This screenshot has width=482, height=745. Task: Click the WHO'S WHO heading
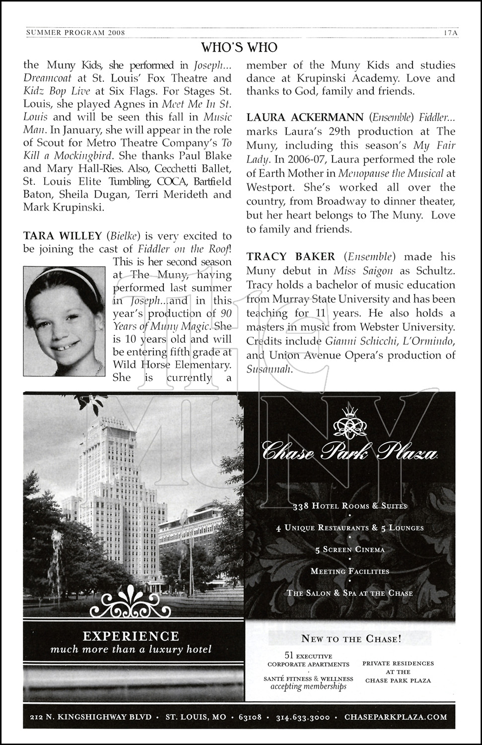[x=239, y=47]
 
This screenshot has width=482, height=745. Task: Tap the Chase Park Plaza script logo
[x=349, y=452]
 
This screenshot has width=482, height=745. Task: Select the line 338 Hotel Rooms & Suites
[x=349, y=506]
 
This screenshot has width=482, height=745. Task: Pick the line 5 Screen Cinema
[x=349, y=549]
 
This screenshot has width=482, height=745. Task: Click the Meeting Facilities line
[x=349, y=571]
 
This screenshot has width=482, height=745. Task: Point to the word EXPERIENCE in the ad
[x=131, y=636]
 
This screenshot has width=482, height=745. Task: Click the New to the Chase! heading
[x=350, y=639]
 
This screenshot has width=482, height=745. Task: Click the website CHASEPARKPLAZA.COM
[x=395, y=717]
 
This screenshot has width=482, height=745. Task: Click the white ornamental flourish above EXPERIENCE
[x=131, y=602]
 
